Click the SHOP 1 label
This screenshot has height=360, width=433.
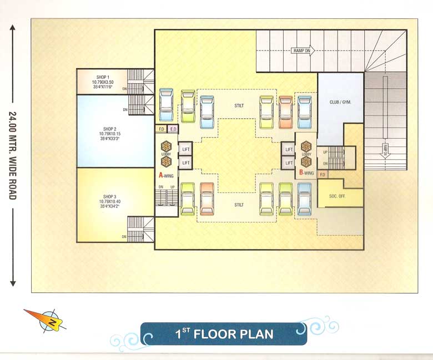103,77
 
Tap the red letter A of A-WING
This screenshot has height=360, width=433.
161,174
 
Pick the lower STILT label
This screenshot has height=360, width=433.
239,205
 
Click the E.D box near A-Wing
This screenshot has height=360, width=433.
173,129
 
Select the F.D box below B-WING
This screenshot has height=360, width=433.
322,175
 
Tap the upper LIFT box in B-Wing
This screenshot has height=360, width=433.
289,149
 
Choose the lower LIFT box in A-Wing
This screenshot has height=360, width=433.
186,163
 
